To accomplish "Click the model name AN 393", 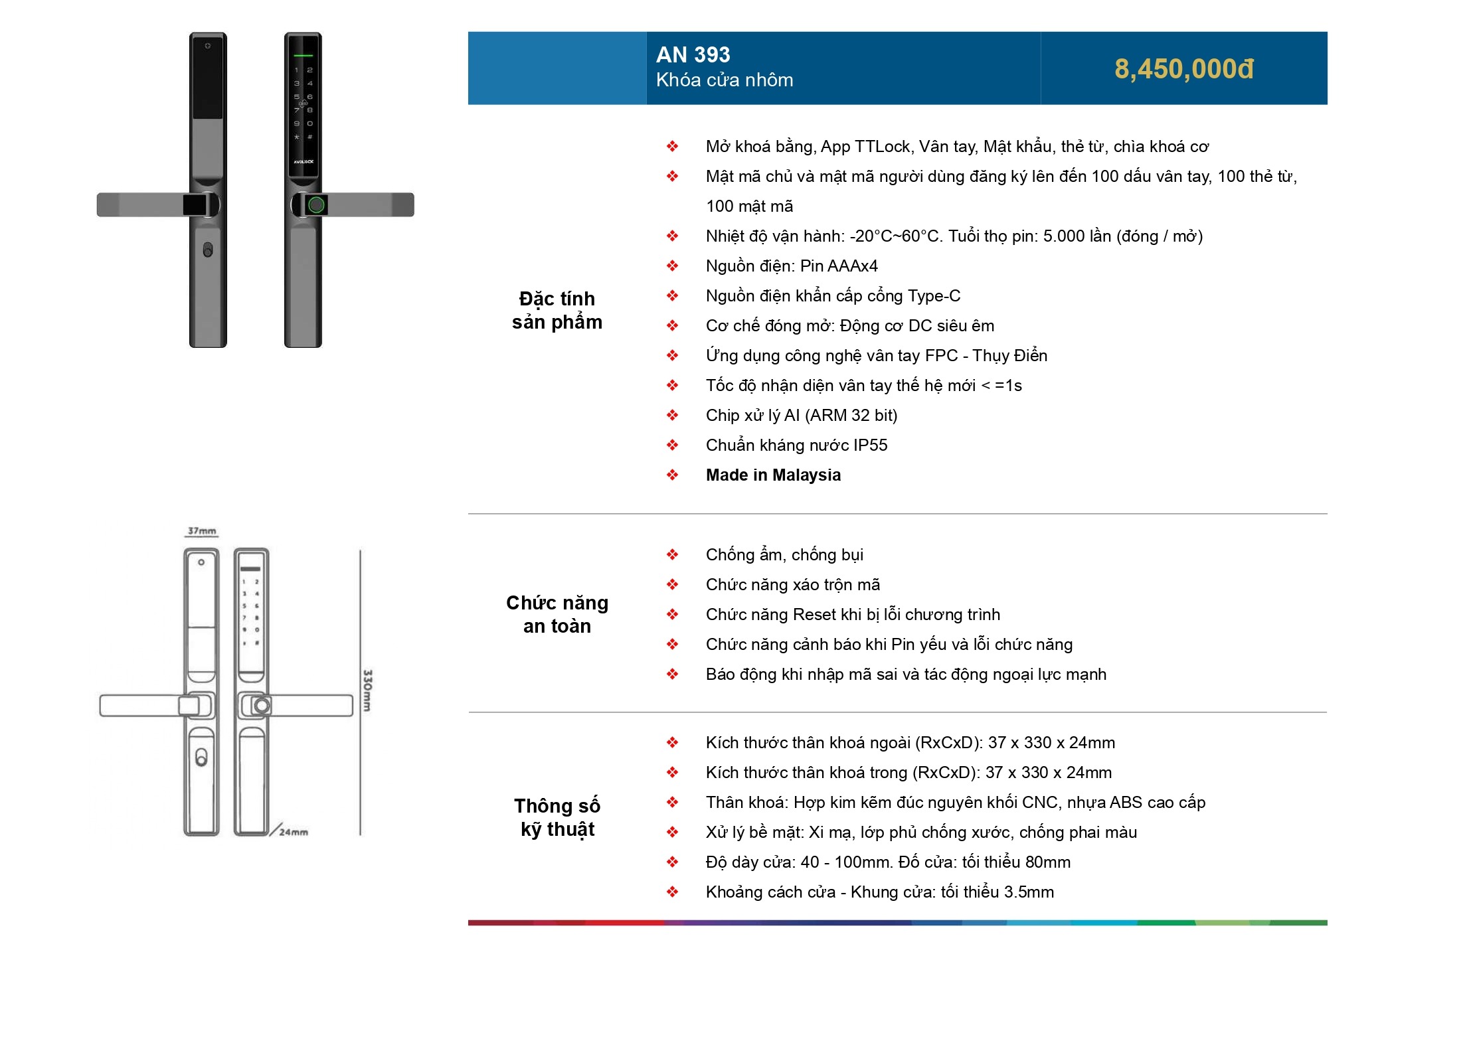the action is pyautogui.click(x=693, y=54).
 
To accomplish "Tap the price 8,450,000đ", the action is pyautogui.click(x=1184, y=69).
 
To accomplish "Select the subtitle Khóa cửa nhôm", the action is pyautogui.click(x=725, y=80).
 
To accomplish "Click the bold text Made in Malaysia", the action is pyautogui.click(x=773, y=475).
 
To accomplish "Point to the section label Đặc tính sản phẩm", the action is pyautogui.click(x=557, y=310).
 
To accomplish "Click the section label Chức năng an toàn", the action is pyautogui.click(x=557, y=614).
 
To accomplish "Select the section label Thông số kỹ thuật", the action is pyautogui.click(x=557, y=817).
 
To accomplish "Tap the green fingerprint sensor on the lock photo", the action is pyautogui.click(x=316, y=205).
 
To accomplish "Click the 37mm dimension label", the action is pyautogui.click(x=202, y=530).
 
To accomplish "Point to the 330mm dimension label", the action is pyautogui.click(x=367, y=690).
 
